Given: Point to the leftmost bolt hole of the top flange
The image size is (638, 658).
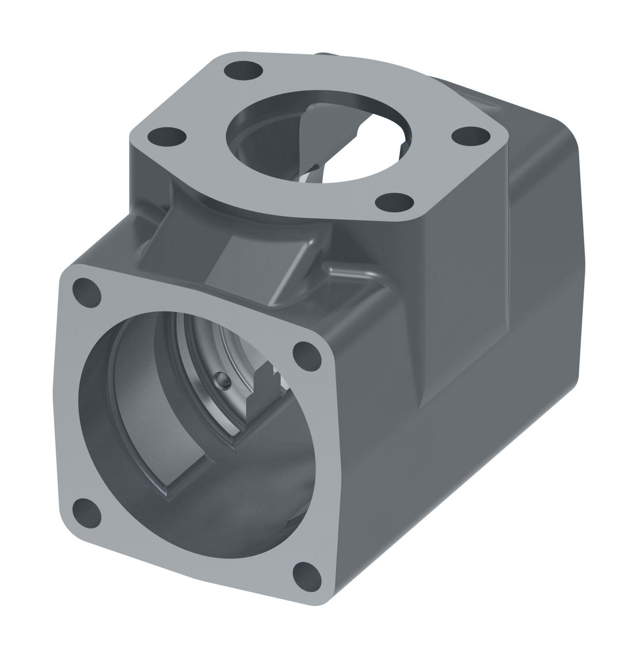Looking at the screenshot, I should coord(167,137).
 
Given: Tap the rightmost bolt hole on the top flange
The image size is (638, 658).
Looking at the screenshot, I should coord(471,137).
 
